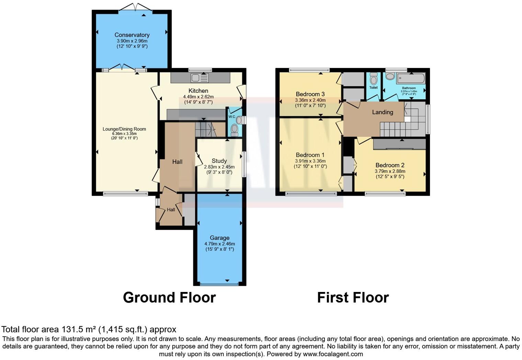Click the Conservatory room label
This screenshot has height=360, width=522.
132,35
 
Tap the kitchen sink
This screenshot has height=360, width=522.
200,78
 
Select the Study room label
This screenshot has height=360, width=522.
219,161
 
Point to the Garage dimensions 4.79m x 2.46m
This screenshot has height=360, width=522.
219,244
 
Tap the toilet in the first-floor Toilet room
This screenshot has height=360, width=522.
374,78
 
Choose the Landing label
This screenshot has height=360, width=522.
383,112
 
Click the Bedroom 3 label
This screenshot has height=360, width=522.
310,94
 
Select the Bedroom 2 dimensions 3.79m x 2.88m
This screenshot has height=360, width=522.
390,171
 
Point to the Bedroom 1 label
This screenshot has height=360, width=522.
310,155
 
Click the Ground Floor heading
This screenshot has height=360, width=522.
169,298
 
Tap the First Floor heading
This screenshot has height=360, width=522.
353,298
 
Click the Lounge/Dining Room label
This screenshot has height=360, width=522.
124,129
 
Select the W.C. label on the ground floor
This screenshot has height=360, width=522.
231,116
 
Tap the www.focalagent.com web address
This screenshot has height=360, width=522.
333,354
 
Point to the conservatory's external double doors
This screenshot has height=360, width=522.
135,7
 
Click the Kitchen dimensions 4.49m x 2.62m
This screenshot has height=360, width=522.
198,97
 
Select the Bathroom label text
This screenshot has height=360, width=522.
409,88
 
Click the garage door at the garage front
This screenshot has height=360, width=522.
219,284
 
